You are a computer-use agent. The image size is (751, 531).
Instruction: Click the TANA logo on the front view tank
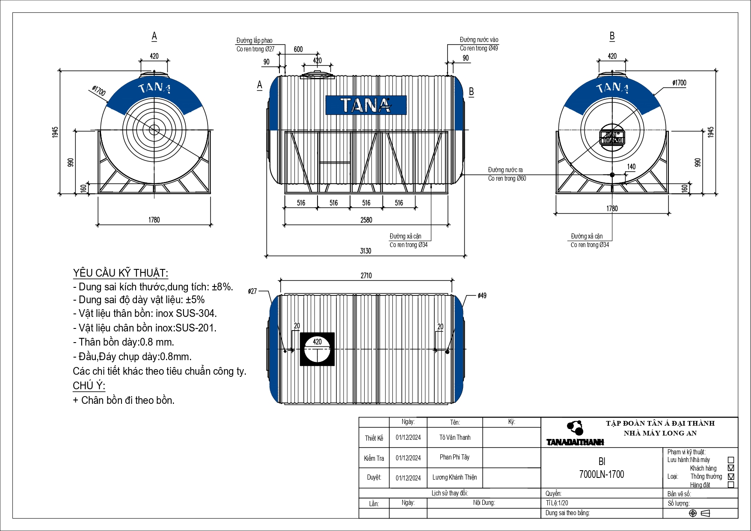[366, 105]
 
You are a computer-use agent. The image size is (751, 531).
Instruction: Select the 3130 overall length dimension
[365, 251]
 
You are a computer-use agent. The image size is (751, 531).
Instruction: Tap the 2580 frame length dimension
[366, 220]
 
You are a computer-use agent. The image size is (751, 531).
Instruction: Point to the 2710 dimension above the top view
[366, 275]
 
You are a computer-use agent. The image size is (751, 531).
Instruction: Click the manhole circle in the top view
[317, 349]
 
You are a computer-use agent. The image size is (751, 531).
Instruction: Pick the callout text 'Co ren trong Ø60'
[507, 179]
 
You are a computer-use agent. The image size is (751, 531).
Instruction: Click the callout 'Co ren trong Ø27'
[255, 49]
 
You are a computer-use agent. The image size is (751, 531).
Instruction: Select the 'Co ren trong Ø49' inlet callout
[479, 48]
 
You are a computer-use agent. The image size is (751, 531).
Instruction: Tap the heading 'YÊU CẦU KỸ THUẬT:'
[121, 273]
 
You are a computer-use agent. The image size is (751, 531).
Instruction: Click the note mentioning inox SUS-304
[145, 313]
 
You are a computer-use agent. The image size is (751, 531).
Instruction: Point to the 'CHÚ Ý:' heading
[89, 386]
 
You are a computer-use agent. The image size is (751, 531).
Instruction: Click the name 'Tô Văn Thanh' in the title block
[454, 437]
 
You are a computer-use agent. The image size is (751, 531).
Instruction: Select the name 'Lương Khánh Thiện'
[454, 477]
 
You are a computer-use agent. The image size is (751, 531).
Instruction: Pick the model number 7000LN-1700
[601, 474]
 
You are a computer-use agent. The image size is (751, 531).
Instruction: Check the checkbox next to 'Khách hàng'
[731, 468]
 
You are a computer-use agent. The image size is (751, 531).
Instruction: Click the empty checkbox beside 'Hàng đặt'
[731, 485]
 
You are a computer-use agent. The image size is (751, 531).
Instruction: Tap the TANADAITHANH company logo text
[575, 442]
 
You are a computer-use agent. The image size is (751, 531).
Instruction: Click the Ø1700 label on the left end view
[98, 91]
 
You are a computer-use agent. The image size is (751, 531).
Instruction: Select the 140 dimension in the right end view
[631, 167]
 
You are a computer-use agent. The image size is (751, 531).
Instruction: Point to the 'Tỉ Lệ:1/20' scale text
[557, 503]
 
